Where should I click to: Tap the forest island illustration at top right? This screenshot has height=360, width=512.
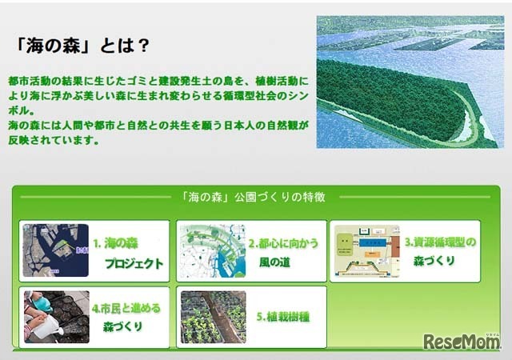[410, 82]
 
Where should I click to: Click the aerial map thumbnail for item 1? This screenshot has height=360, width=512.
[55, 250]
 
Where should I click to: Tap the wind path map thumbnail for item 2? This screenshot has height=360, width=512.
[210, 250]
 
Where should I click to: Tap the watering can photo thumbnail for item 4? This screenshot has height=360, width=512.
[55, 316]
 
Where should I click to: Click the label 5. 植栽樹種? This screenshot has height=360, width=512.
[283, 316]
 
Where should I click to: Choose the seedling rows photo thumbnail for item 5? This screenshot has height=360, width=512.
[213, 316]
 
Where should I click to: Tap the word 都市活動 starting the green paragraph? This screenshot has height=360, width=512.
[26, 82]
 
